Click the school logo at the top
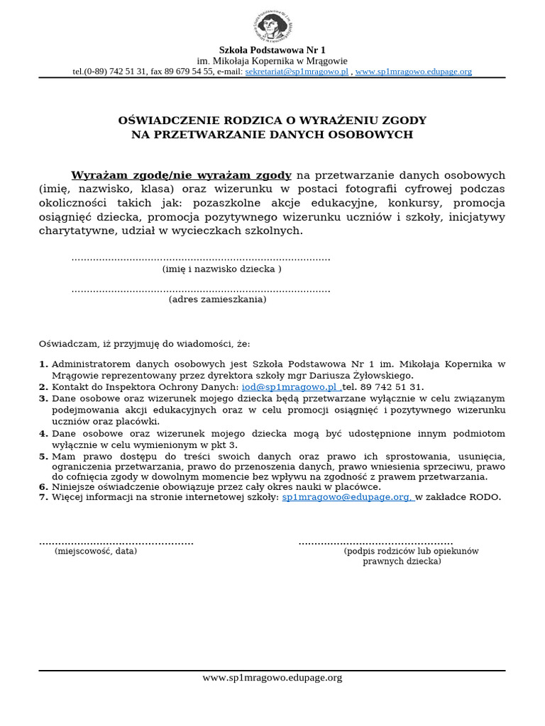click(272, 25)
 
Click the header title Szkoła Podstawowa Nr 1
click(272, 50)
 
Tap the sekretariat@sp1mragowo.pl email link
click(297, 72)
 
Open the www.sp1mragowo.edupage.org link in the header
click(413, 72)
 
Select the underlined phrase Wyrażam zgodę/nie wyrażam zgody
click(181, 175)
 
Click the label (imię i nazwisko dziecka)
click(221, 269)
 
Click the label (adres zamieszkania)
click(217, 300)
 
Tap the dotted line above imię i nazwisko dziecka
click(201, 259)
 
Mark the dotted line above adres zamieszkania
click(201, 289)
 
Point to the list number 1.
click(43, 364)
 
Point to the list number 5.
click(43, 456)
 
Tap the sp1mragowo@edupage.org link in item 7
click(348, 498)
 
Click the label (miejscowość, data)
click(96, 551)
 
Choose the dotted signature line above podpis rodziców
click(375, 542)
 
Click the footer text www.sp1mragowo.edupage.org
click(272, 678)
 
